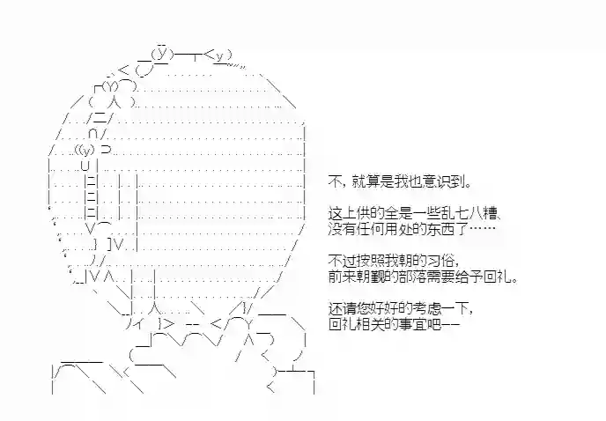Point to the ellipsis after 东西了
[483, 228]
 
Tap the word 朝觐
[372, 277]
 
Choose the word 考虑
[427, 308]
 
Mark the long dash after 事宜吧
[451, 325]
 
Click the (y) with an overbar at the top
[162, 53]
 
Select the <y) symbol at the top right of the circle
[218, 56]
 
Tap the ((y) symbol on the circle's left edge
[85, 149]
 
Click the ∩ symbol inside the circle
[92, 134]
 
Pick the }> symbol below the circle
[166, 323]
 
